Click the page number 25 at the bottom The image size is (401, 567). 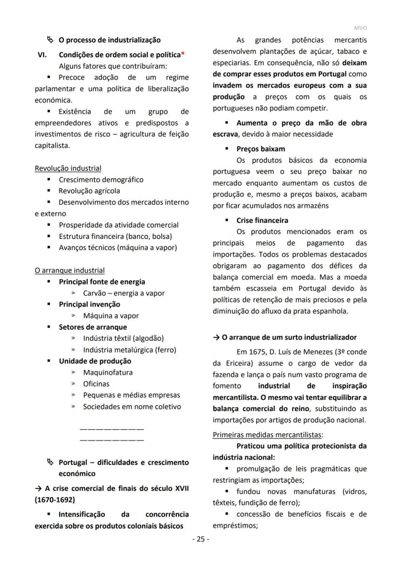200,539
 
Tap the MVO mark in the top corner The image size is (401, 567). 360,29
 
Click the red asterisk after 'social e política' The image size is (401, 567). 183,55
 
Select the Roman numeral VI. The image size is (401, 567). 42,55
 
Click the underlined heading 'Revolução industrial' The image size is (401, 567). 68,168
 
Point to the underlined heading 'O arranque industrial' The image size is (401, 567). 69,270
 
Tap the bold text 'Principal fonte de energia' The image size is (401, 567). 102,282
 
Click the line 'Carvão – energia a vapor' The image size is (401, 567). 123,293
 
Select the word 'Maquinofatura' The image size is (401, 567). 108,372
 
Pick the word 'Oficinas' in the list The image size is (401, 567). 96,384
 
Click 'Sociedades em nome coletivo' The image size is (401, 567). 132,407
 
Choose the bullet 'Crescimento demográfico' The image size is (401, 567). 101,179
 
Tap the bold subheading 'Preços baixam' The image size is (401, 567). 261,149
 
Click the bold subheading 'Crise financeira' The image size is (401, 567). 262,220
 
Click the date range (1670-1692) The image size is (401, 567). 55,499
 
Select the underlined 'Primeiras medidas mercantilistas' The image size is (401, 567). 268,434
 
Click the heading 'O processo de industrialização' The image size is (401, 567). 109,40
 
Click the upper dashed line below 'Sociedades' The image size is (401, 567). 111,429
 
